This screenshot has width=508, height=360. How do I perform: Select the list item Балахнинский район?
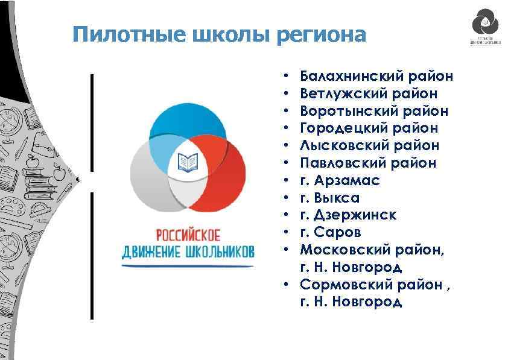tap(376, 77)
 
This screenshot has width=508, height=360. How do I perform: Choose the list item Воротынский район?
tap(374, 111)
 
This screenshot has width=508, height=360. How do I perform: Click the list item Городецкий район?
tap(369, 128)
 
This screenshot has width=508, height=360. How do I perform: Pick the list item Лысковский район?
tap(369, 145)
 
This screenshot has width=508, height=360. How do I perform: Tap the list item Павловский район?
tap(368, 163)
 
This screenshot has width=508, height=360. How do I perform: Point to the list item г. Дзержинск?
tap(348, 215)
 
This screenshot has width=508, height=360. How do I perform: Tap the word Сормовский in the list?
tap(346, 284)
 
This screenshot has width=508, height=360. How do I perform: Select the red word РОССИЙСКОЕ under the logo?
tap(188, 233)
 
